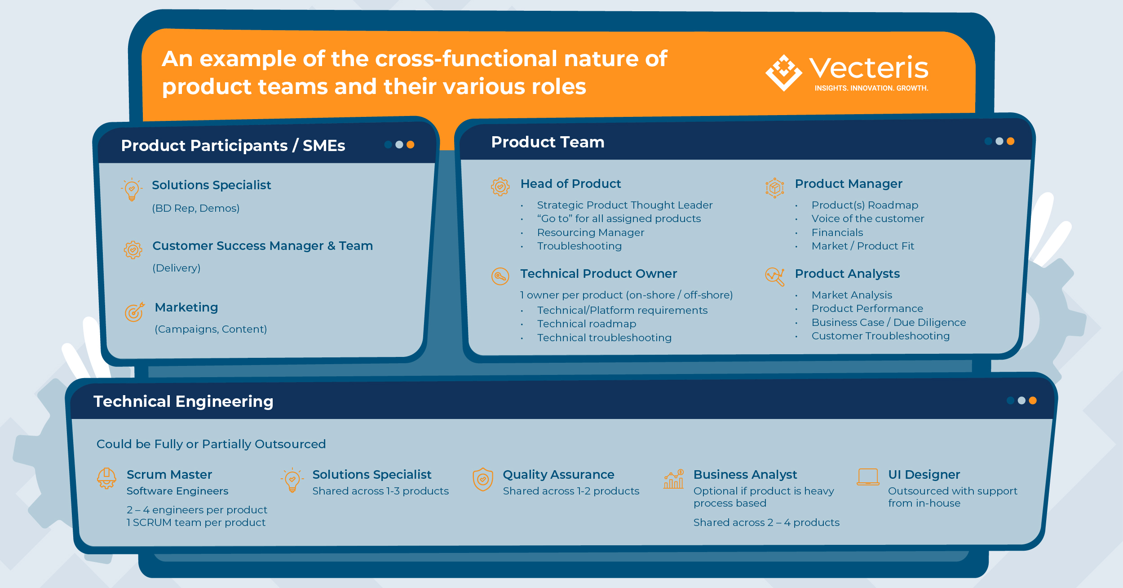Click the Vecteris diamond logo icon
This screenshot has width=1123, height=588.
pos(783,72)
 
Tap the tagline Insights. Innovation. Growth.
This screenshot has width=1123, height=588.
pos(871,88)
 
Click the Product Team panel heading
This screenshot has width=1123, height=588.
pos(548,142)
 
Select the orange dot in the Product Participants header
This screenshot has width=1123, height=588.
pos(410,145)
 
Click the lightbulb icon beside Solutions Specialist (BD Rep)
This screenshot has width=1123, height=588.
pos(132,189)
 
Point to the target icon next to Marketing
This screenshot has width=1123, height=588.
pos(134,312)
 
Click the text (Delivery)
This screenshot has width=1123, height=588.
pos(177,268)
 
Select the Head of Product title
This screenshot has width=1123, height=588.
pos(570,184)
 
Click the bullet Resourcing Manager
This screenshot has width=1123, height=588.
pos(590,232)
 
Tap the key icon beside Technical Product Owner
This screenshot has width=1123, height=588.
pos(500,276)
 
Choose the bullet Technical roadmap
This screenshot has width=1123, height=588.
pos(587,324)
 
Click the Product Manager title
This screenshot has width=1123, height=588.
pos(848,184)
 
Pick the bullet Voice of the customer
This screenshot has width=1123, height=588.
pos(867,218)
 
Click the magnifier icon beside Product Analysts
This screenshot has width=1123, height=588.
pos(775,276)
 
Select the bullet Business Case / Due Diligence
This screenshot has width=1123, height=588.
pos(888,322)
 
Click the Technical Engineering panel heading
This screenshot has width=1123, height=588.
pos(183,401)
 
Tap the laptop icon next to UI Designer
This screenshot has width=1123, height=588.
pos(868,477)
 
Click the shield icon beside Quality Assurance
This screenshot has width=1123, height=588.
pos(483,479)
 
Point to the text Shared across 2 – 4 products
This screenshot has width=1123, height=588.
pos(766,522)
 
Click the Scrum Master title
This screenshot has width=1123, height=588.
pos(169,475)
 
